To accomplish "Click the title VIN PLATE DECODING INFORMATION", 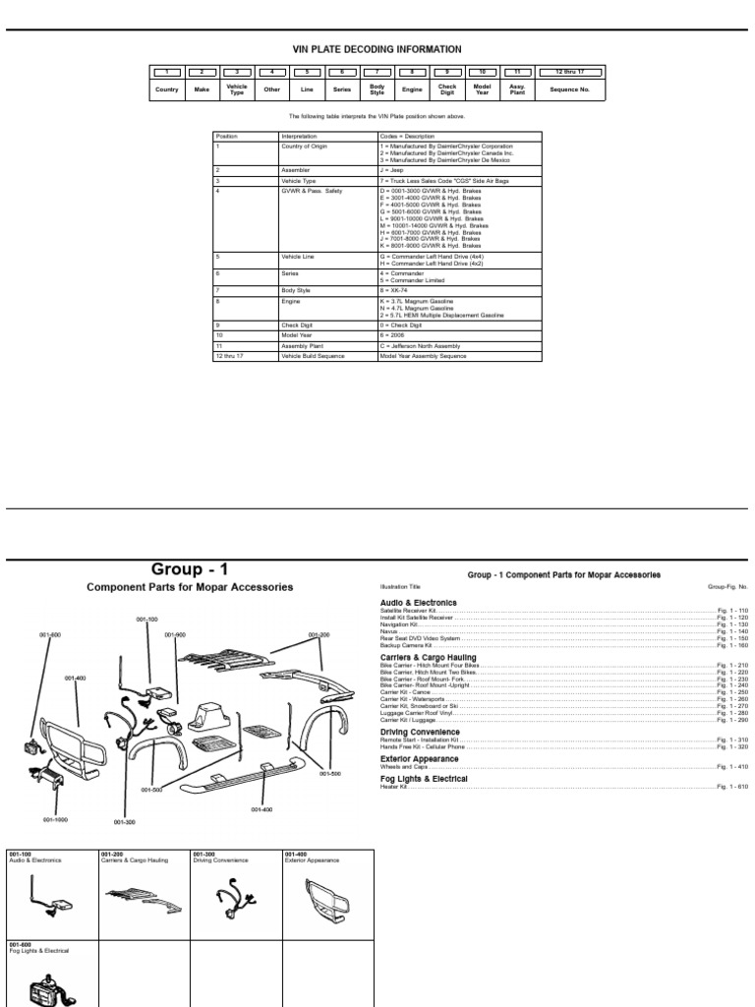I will click(x=377, y=49).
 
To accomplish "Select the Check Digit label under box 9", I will click(x=447, y=89).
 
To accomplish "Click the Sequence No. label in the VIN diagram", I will click(x=569, y=89).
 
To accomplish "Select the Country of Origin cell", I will click(x=305, y=146).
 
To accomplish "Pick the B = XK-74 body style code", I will click(x=399, y=292).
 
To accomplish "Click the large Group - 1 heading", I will click(x=190, y=568).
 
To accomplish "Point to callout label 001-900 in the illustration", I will click(x=175, y=634).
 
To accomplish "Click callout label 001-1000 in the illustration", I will click(x=54, y=819).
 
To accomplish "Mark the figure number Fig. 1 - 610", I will click(x=732, y=786).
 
